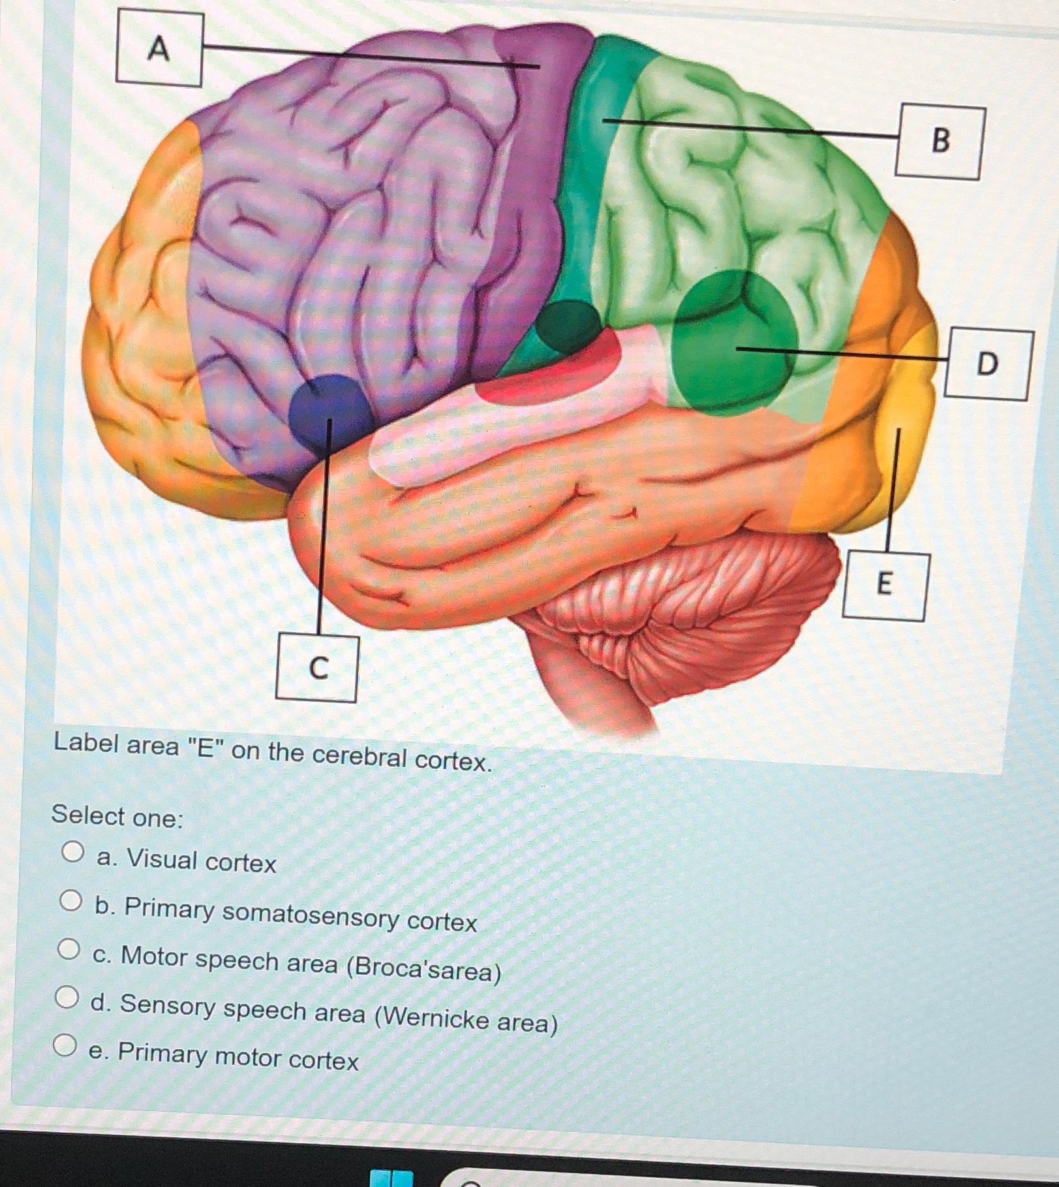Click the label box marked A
[x=159, y=50]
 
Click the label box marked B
[x=940, y=142]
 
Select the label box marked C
[x=317, y=668]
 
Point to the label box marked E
[x=884, y=586]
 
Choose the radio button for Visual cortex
[x=73, y=853]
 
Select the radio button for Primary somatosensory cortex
[x=71, y=902]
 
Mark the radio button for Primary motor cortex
[x=65, y=1047]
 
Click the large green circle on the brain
[x=734, y=343]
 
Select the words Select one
[x=118, y=817]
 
